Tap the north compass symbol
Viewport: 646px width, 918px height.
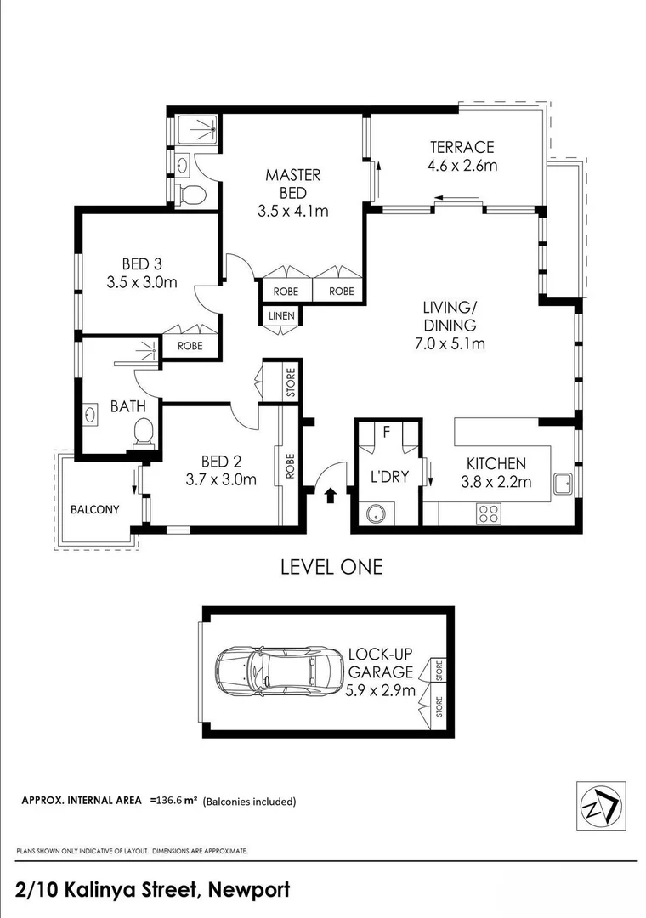(601, 807)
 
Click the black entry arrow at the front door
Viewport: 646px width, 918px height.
(331, 496)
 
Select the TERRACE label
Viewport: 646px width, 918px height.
(461, 147)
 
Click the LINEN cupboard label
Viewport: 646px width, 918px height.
(281, 316)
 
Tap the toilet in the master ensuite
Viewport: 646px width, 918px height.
(193, 195)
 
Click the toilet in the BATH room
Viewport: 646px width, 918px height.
(144, 432)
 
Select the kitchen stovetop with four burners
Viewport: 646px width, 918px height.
(490, 513)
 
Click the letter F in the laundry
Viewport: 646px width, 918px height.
(386, 432)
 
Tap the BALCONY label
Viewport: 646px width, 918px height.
(94, 509)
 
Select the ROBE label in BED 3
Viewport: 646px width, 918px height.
(190, 346)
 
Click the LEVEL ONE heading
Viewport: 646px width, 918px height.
(331, 567)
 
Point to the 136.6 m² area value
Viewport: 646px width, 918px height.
(173, 801)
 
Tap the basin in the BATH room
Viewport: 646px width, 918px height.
(92, 416)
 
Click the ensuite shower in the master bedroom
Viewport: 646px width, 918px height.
(200, 130)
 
